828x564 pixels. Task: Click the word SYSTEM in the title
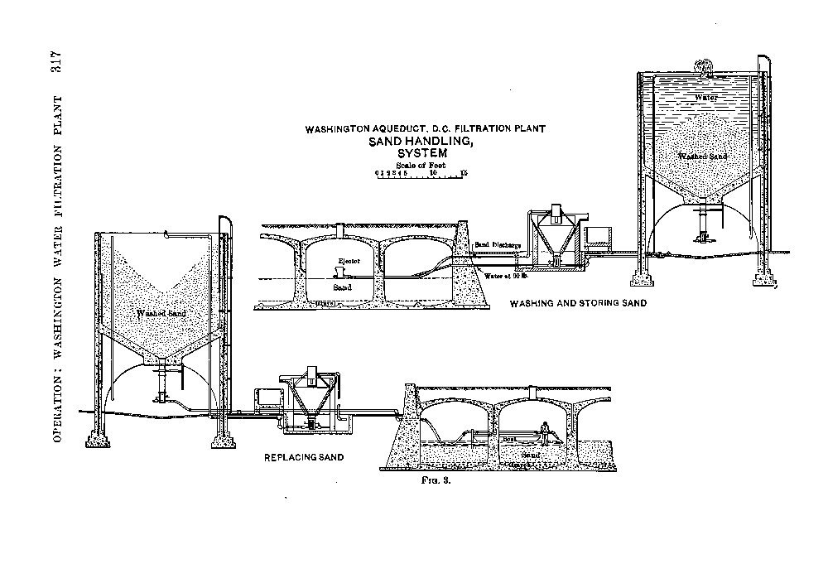[x=421, y=154]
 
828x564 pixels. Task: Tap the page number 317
[x=59, y=70]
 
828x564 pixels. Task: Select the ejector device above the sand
[x=339, y=273]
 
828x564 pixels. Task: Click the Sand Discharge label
[x=498, y=245]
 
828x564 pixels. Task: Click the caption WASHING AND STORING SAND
[x=578, y=304]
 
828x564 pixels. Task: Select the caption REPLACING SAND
[x=303, y=456]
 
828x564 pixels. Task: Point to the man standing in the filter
[x=544, y=431]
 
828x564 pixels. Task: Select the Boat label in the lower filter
[x=508, y=439]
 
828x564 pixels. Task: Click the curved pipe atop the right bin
[x=705, y=67]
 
